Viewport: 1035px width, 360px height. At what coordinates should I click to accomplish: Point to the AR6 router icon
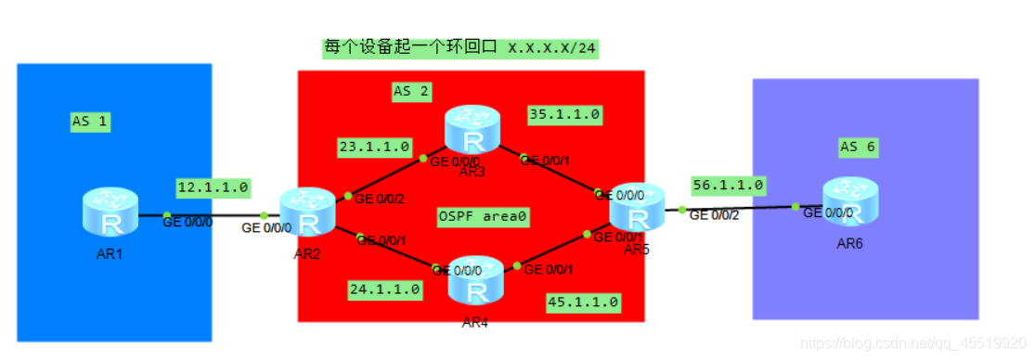(849, 200)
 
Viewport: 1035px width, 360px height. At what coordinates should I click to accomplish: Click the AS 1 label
(90, 121)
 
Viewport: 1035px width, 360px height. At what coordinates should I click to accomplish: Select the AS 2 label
(411, 91)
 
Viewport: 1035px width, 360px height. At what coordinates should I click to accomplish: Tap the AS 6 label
(857, 147)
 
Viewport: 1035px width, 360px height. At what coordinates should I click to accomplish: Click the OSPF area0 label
(482, 216)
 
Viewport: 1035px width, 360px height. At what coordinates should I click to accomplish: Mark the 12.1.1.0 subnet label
(213, 186)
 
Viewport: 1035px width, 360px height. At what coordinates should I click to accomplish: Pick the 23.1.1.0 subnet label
(374, 146)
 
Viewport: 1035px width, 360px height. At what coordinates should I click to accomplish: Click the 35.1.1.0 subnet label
(565, 114)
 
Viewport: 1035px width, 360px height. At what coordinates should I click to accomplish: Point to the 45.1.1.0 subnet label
(583, 302)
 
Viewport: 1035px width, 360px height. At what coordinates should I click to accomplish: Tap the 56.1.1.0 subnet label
(727, 186)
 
